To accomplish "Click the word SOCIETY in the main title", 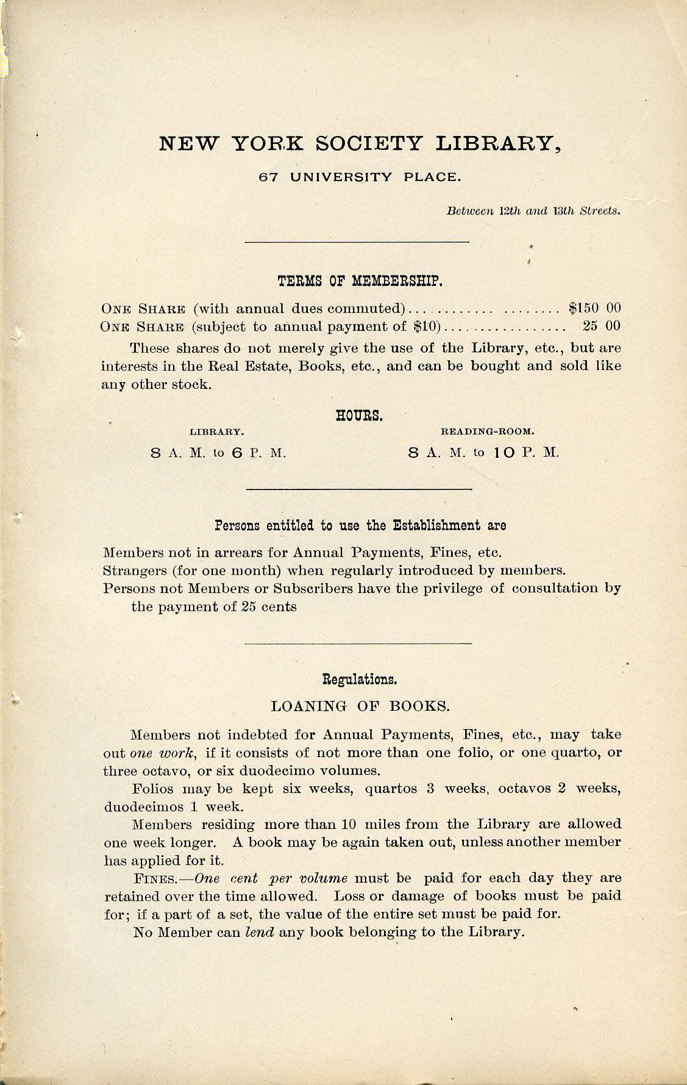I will click(x=368, y=143).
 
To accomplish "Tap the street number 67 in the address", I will click(x=269, y=177).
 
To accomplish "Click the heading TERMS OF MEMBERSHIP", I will click(x=360, y=281).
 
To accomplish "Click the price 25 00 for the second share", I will click(x=601, y=326).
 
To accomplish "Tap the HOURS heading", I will click(x=360, y=416).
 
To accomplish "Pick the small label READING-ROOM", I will click(x=487, y=432).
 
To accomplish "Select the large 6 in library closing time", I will click(x=237, y=454).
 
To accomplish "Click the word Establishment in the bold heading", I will click(x=430, y=525).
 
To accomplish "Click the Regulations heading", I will click(x=360, y=679).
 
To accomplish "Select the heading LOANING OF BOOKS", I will click(x=360, y=706).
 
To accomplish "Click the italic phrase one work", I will click(x=162, y=753).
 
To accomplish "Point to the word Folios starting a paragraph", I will click(x=155, y=789).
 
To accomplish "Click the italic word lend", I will click(x=259, y=933).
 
